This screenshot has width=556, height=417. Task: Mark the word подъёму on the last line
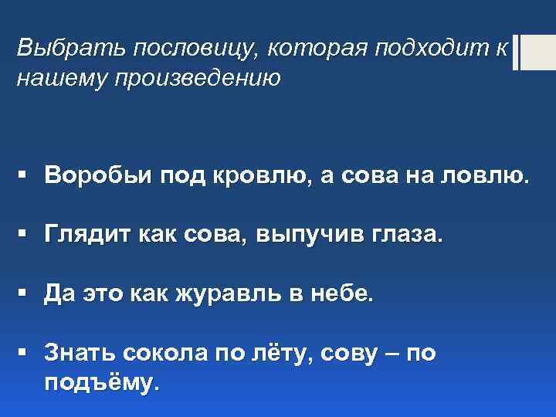(101, 383)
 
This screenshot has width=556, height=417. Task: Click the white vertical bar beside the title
(516, 53)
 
